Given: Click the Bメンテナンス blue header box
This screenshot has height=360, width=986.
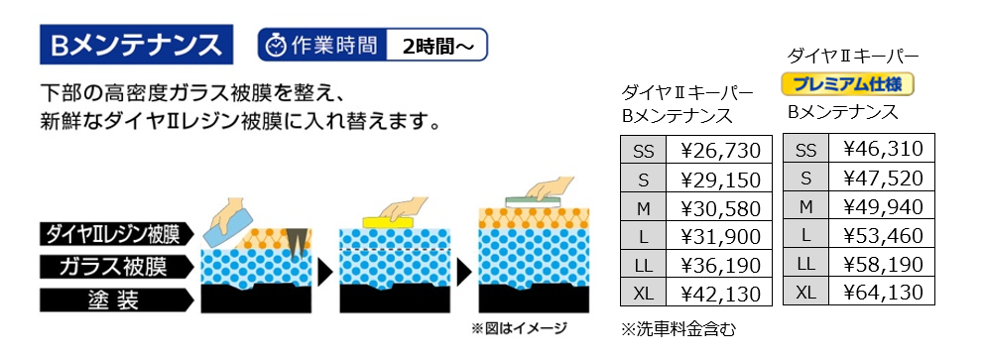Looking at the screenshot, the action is [137, 45].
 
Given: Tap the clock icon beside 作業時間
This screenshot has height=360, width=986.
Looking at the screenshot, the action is [275, 46].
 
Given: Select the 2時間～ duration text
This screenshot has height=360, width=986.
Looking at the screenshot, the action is [435, 46].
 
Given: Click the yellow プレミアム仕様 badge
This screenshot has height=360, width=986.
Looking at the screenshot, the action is [847, 83].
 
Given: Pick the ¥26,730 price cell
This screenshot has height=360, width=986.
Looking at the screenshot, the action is [720, 151].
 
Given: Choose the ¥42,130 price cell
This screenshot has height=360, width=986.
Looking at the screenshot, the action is [720, 293].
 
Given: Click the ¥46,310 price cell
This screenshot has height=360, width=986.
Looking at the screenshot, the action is [882, 149].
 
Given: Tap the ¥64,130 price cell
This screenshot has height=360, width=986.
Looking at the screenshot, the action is [882, 292].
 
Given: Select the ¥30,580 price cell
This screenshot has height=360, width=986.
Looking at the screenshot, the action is [720, 207].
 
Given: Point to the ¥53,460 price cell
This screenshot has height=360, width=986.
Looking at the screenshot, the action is [882, 236].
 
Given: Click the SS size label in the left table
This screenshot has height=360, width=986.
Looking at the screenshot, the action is [644, 151].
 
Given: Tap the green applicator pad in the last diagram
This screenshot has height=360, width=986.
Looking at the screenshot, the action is [534, 201].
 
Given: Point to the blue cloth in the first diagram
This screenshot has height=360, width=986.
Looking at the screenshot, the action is [229, 227].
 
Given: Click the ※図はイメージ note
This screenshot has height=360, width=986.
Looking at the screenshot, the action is [520, 328].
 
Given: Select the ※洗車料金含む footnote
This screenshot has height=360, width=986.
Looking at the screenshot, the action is [678, 329].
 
